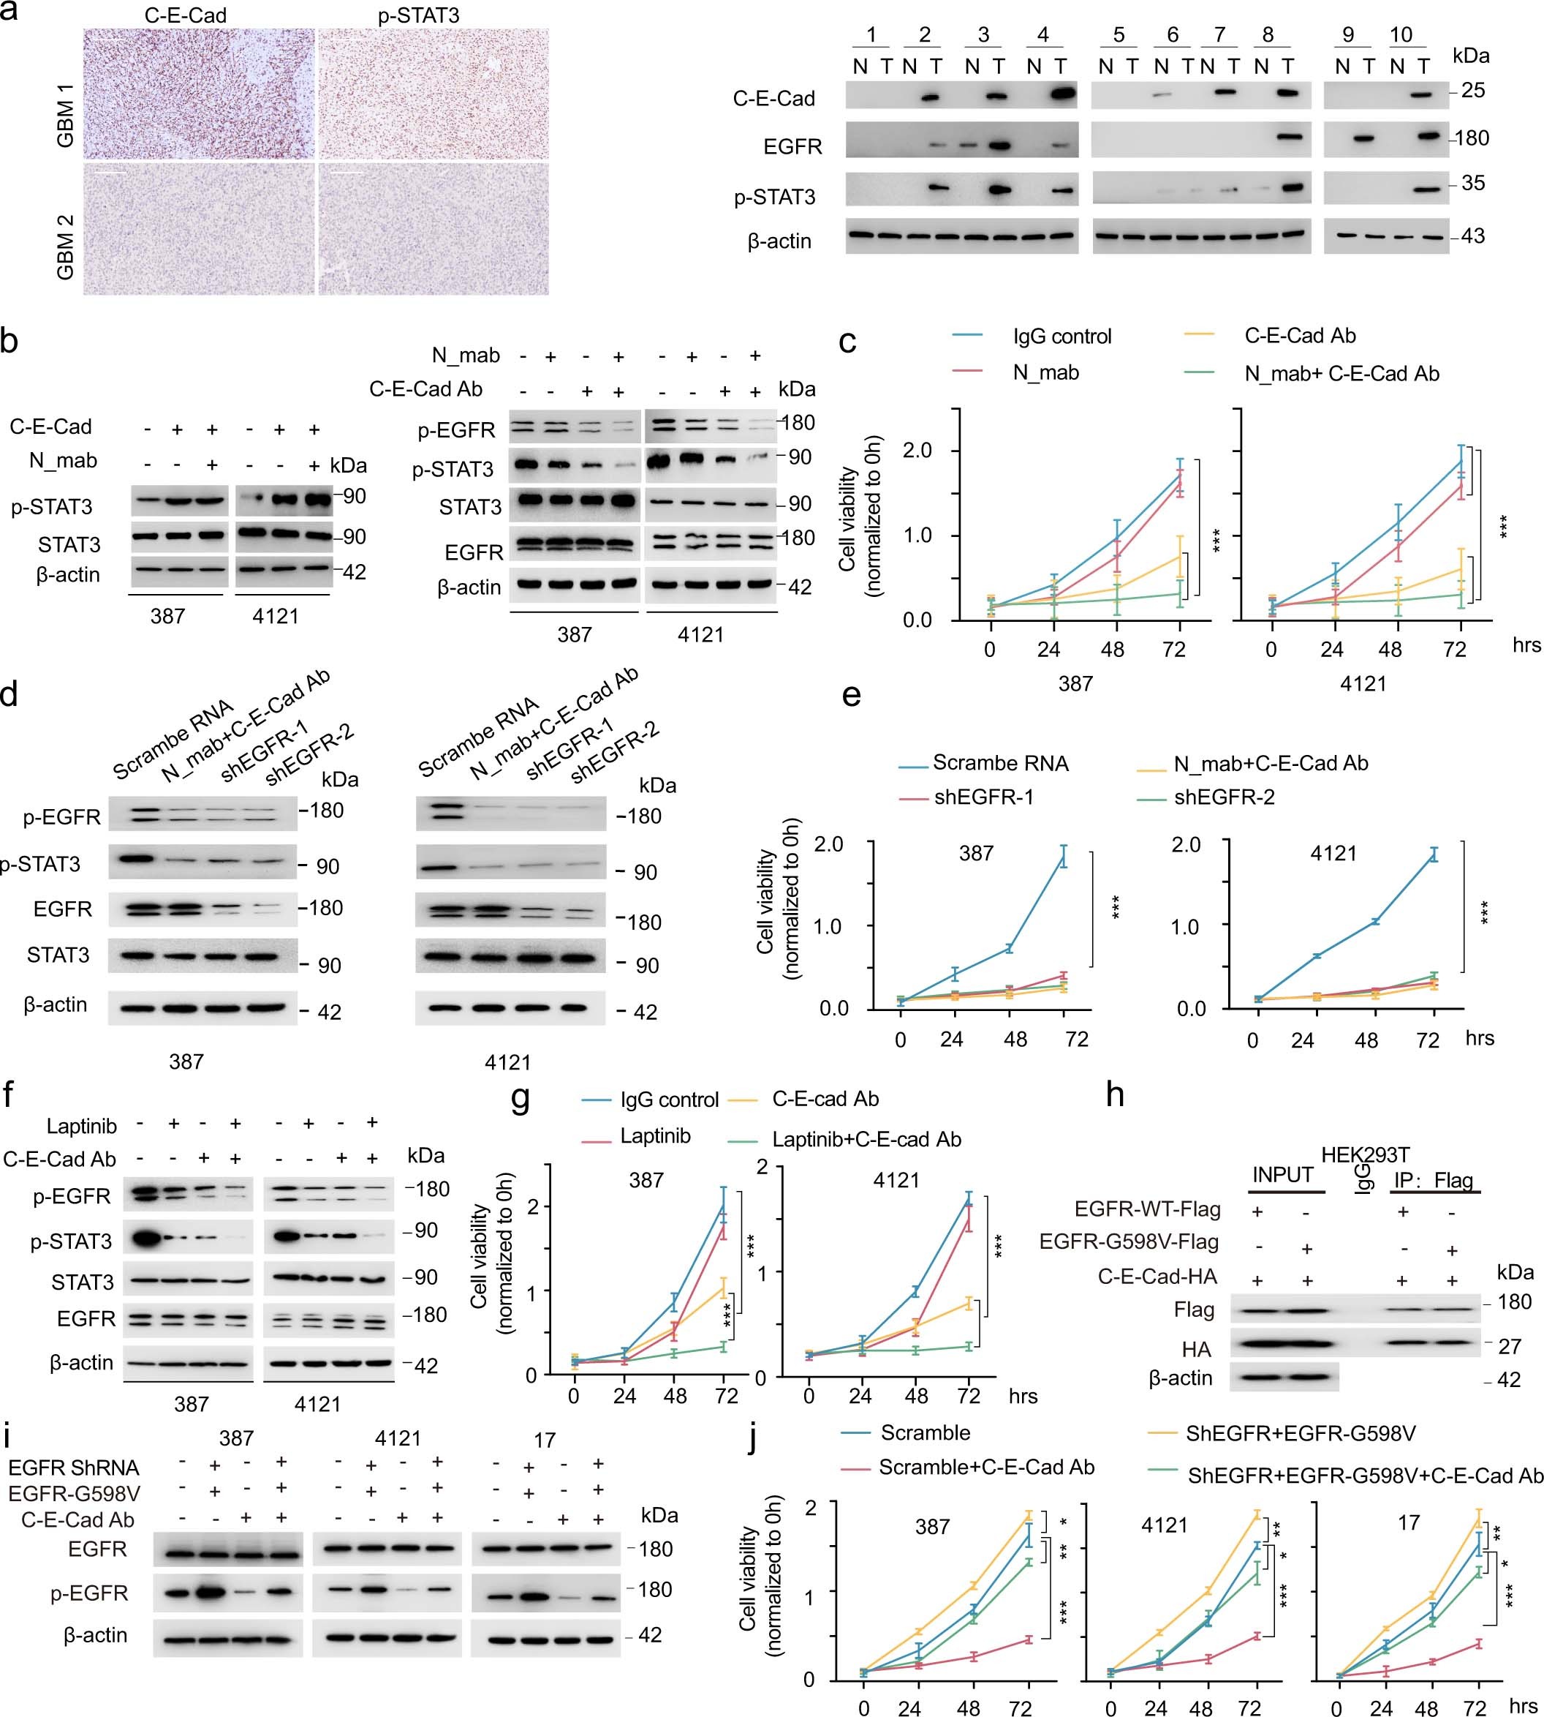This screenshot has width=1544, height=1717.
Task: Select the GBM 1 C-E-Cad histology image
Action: click(199, 94)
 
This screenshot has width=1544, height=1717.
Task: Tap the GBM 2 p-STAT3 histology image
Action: click(433, 229)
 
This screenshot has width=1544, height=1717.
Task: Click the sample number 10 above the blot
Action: click(1401, 35)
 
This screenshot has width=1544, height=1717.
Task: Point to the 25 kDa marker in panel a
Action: click(1473, 90)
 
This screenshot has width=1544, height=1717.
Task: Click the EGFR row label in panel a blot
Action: click(792, 146)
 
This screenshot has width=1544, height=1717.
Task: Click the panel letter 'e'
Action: click(851, 696)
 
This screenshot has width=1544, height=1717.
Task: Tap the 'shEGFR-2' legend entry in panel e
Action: click(1225, 797)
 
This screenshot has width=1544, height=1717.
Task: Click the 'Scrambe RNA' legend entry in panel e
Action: click(1000, 763)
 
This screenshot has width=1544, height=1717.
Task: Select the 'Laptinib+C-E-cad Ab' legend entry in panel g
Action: click(866, 1139)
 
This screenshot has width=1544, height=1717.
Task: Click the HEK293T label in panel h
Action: click(1365, 1154)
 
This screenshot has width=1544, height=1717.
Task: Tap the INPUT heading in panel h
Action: click(1283, 1175)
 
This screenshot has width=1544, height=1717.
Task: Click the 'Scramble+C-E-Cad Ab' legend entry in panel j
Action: click(985, 1468)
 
